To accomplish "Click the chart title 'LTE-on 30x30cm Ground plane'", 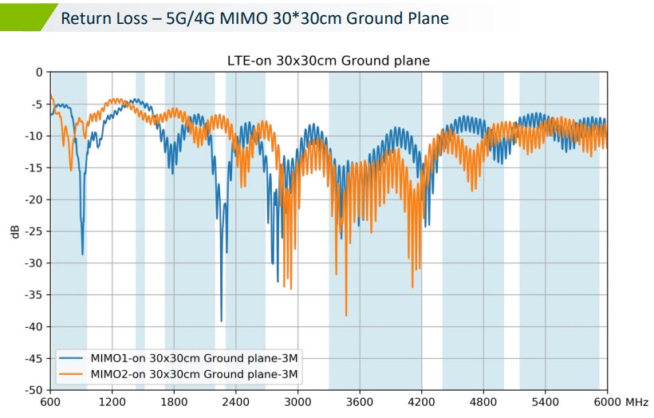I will pyautogui.click(x=329, y=61).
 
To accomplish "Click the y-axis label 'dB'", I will pyautogui.click(x=15, y=231).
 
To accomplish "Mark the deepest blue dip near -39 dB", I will pyautogui.click(x=221, y=321).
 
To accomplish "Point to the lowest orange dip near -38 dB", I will pyautogui.click(x=346, y=315).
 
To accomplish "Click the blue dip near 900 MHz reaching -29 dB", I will pyautogui.click(x=82, y=254).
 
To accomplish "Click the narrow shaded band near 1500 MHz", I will pyautogui.click(x=140, y=231).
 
